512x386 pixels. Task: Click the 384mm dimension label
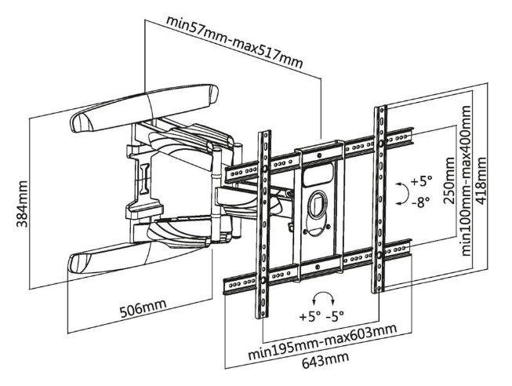[22, 204]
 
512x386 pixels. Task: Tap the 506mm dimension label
[143, 308]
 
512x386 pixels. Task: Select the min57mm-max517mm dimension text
[234, 42]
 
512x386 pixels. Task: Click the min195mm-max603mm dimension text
[322, 341]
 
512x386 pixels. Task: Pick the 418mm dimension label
[481, 180]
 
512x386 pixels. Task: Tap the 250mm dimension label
[449, 180]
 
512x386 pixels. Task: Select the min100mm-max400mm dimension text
[466, 180]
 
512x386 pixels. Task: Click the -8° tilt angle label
[421, 202]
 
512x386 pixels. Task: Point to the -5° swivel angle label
[335, 315]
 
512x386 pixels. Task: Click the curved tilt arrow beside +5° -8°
[403, 194]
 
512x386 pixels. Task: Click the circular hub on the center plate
[318, 205]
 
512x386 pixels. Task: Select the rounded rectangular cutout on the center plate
[318, 175]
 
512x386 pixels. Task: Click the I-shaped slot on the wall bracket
[144, 179]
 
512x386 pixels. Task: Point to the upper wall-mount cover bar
[144, 108]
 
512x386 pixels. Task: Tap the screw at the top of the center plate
[318, 155]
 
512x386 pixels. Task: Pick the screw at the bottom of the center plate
[317, 267]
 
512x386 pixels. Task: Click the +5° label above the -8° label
[421, 181]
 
